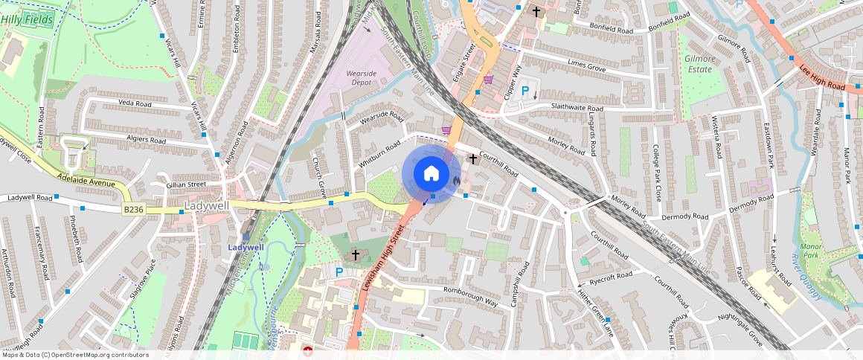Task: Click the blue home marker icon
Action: click(x=431, y=174)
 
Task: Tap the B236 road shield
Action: click(x=133, y=210)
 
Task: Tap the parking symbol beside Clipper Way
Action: click(x=525, y=91)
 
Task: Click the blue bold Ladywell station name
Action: click(x=246, y=247)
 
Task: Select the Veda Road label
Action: click(x=135, y=105)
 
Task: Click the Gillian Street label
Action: click(x=186, y=184)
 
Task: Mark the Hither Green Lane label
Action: click(x=597, y=310)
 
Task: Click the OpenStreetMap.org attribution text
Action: click(x=74, y=355)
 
